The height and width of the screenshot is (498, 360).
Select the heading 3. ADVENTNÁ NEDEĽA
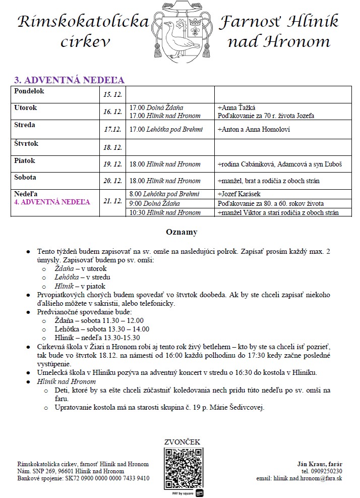[69, 80]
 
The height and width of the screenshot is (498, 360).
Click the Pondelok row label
[30, 91]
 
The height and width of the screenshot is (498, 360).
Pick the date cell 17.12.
[112, 129]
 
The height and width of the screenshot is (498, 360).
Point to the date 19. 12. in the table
[112, 164]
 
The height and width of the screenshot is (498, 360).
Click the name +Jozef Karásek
[237, 194]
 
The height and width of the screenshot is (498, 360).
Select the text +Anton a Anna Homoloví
[253, 129]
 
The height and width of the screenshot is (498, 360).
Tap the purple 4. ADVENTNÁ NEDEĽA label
[53, 202]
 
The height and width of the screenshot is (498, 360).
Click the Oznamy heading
[182, 232]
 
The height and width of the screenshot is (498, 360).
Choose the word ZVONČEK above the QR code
[182, 442]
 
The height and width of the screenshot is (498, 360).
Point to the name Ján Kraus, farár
[320, 463]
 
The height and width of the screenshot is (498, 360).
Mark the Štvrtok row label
[27, 144]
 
